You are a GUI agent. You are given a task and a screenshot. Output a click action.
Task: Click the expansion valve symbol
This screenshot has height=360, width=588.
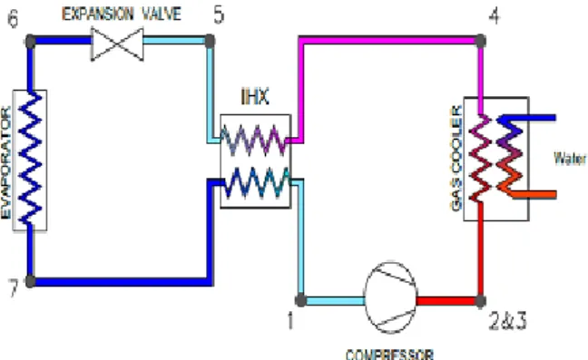[117, 44]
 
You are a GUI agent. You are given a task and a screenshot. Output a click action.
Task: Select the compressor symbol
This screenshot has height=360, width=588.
[390, 297]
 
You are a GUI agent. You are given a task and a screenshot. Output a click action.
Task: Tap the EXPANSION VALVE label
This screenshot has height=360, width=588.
[122, 15]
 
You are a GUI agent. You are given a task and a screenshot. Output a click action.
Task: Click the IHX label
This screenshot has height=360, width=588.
[255, 97]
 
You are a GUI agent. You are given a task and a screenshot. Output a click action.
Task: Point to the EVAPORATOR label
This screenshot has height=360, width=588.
[6, 162]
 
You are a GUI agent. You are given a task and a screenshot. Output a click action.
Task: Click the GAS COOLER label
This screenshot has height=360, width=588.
[456, 158]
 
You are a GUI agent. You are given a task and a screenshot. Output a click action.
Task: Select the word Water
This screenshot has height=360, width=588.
[570, 158]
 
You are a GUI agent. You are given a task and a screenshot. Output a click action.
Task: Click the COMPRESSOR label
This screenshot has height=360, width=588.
[389, 355]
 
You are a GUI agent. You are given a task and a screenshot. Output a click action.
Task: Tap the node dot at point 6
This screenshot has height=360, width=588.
[31, 41]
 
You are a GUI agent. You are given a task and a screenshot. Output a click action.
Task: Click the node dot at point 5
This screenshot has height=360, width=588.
[210, 41]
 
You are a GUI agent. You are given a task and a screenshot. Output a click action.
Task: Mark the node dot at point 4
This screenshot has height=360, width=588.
[480, 41]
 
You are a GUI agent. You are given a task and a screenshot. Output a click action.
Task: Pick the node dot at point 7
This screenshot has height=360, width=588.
[31, 281]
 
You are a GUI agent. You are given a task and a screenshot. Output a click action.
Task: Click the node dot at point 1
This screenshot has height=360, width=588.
[300, 300]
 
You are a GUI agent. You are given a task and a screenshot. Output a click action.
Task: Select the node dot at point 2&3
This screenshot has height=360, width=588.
[480, 300]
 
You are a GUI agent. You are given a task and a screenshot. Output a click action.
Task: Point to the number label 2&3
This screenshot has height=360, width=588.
[508, 321]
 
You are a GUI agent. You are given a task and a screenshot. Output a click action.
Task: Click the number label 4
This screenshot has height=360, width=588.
[495, 15]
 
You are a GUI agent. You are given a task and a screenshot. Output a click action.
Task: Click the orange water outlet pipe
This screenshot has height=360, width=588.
[534, 194]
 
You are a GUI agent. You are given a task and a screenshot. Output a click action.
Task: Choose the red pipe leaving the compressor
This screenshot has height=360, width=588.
[446, 301]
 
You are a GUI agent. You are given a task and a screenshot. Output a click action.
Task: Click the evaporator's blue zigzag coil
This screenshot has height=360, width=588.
[30, 158]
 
